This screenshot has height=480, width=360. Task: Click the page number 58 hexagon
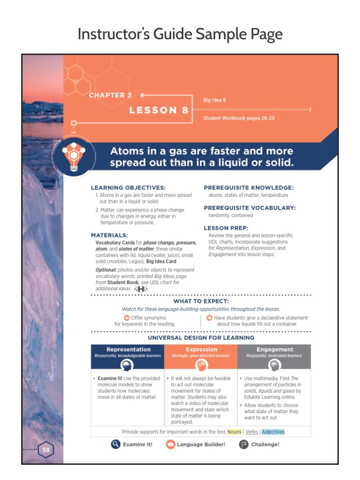click(46, 450)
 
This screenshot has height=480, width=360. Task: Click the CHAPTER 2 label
click(110, 95)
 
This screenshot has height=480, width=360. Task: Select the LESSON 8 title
click(158, 110)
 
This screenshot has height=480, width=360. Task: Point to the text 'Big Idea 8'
click(214, 100)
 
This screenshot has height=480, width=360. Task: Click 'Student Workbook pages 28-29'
click(238, 118)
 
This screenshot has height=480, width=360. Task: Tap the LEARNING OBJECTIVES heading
click(128, 188)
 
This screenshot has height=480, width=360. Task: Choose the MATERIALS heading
click(109, 235)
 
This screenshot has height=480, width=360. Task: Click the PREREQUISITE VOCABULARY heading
click(250, 208)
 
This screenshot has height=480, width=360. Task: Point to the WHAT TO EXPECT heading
click(201, 301)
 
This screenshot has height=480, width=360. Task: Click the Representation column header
click(128, 350)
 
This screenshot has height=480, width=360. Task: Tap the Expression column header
click(201, 350)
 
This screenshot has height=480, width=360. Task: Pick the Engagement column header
click(274, 350)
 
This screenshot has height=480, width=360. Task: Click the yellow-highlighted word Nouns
click(234, 432)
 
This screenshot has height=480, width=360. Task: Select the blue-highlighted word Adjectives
click(273, 432)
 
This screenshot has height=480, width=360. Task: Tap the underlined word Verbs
click(252, 432)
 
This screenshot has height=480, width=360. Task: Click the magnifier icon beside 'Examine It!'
click(115, 444)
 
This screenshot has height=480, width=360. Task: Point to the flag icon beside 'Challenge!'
click(244, 444)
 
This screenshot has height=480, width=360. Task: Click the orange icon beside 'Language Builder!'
click(170, 444)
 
